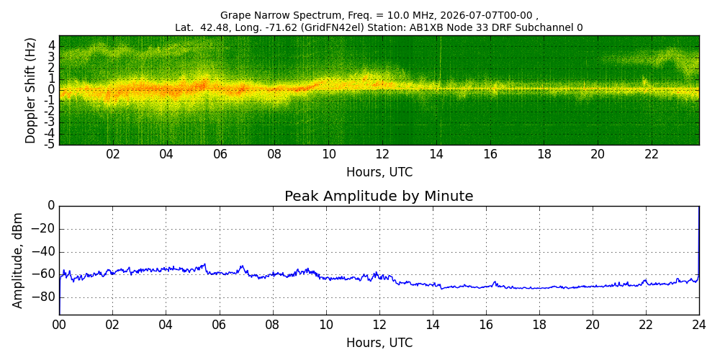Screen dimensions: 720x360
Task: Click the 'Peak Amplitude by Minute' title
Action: pyautogui.click(x=379, y=196)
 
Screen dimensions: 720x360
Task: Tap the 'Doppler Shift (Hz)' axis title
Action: pyautogui.click(x=30, y=90)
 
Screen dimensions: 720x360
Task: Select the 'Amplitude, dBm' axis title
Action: pyautogui.click(x=17, y=260)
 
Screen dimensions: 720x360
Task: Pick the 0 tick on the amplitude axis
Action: pyautogui.click(x=51, y=206)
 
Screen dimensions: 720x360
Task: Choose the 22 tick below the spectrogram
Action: pyautogui.click(x=651, y=154)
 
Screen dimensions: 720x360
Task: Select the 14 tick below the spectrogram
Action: pyautogui.click(x=436, y=154)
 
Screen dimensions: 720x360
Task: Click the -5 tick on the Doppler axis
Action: pyautogui.click(x=50, y=144)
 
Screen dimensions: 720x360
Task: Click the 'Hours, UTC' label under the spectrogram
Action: pyautogui.click(x=379, y=172)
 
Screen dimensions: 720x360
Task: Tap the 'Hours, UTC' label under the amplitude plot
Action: pyautogui.click(x=379, y=343)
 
